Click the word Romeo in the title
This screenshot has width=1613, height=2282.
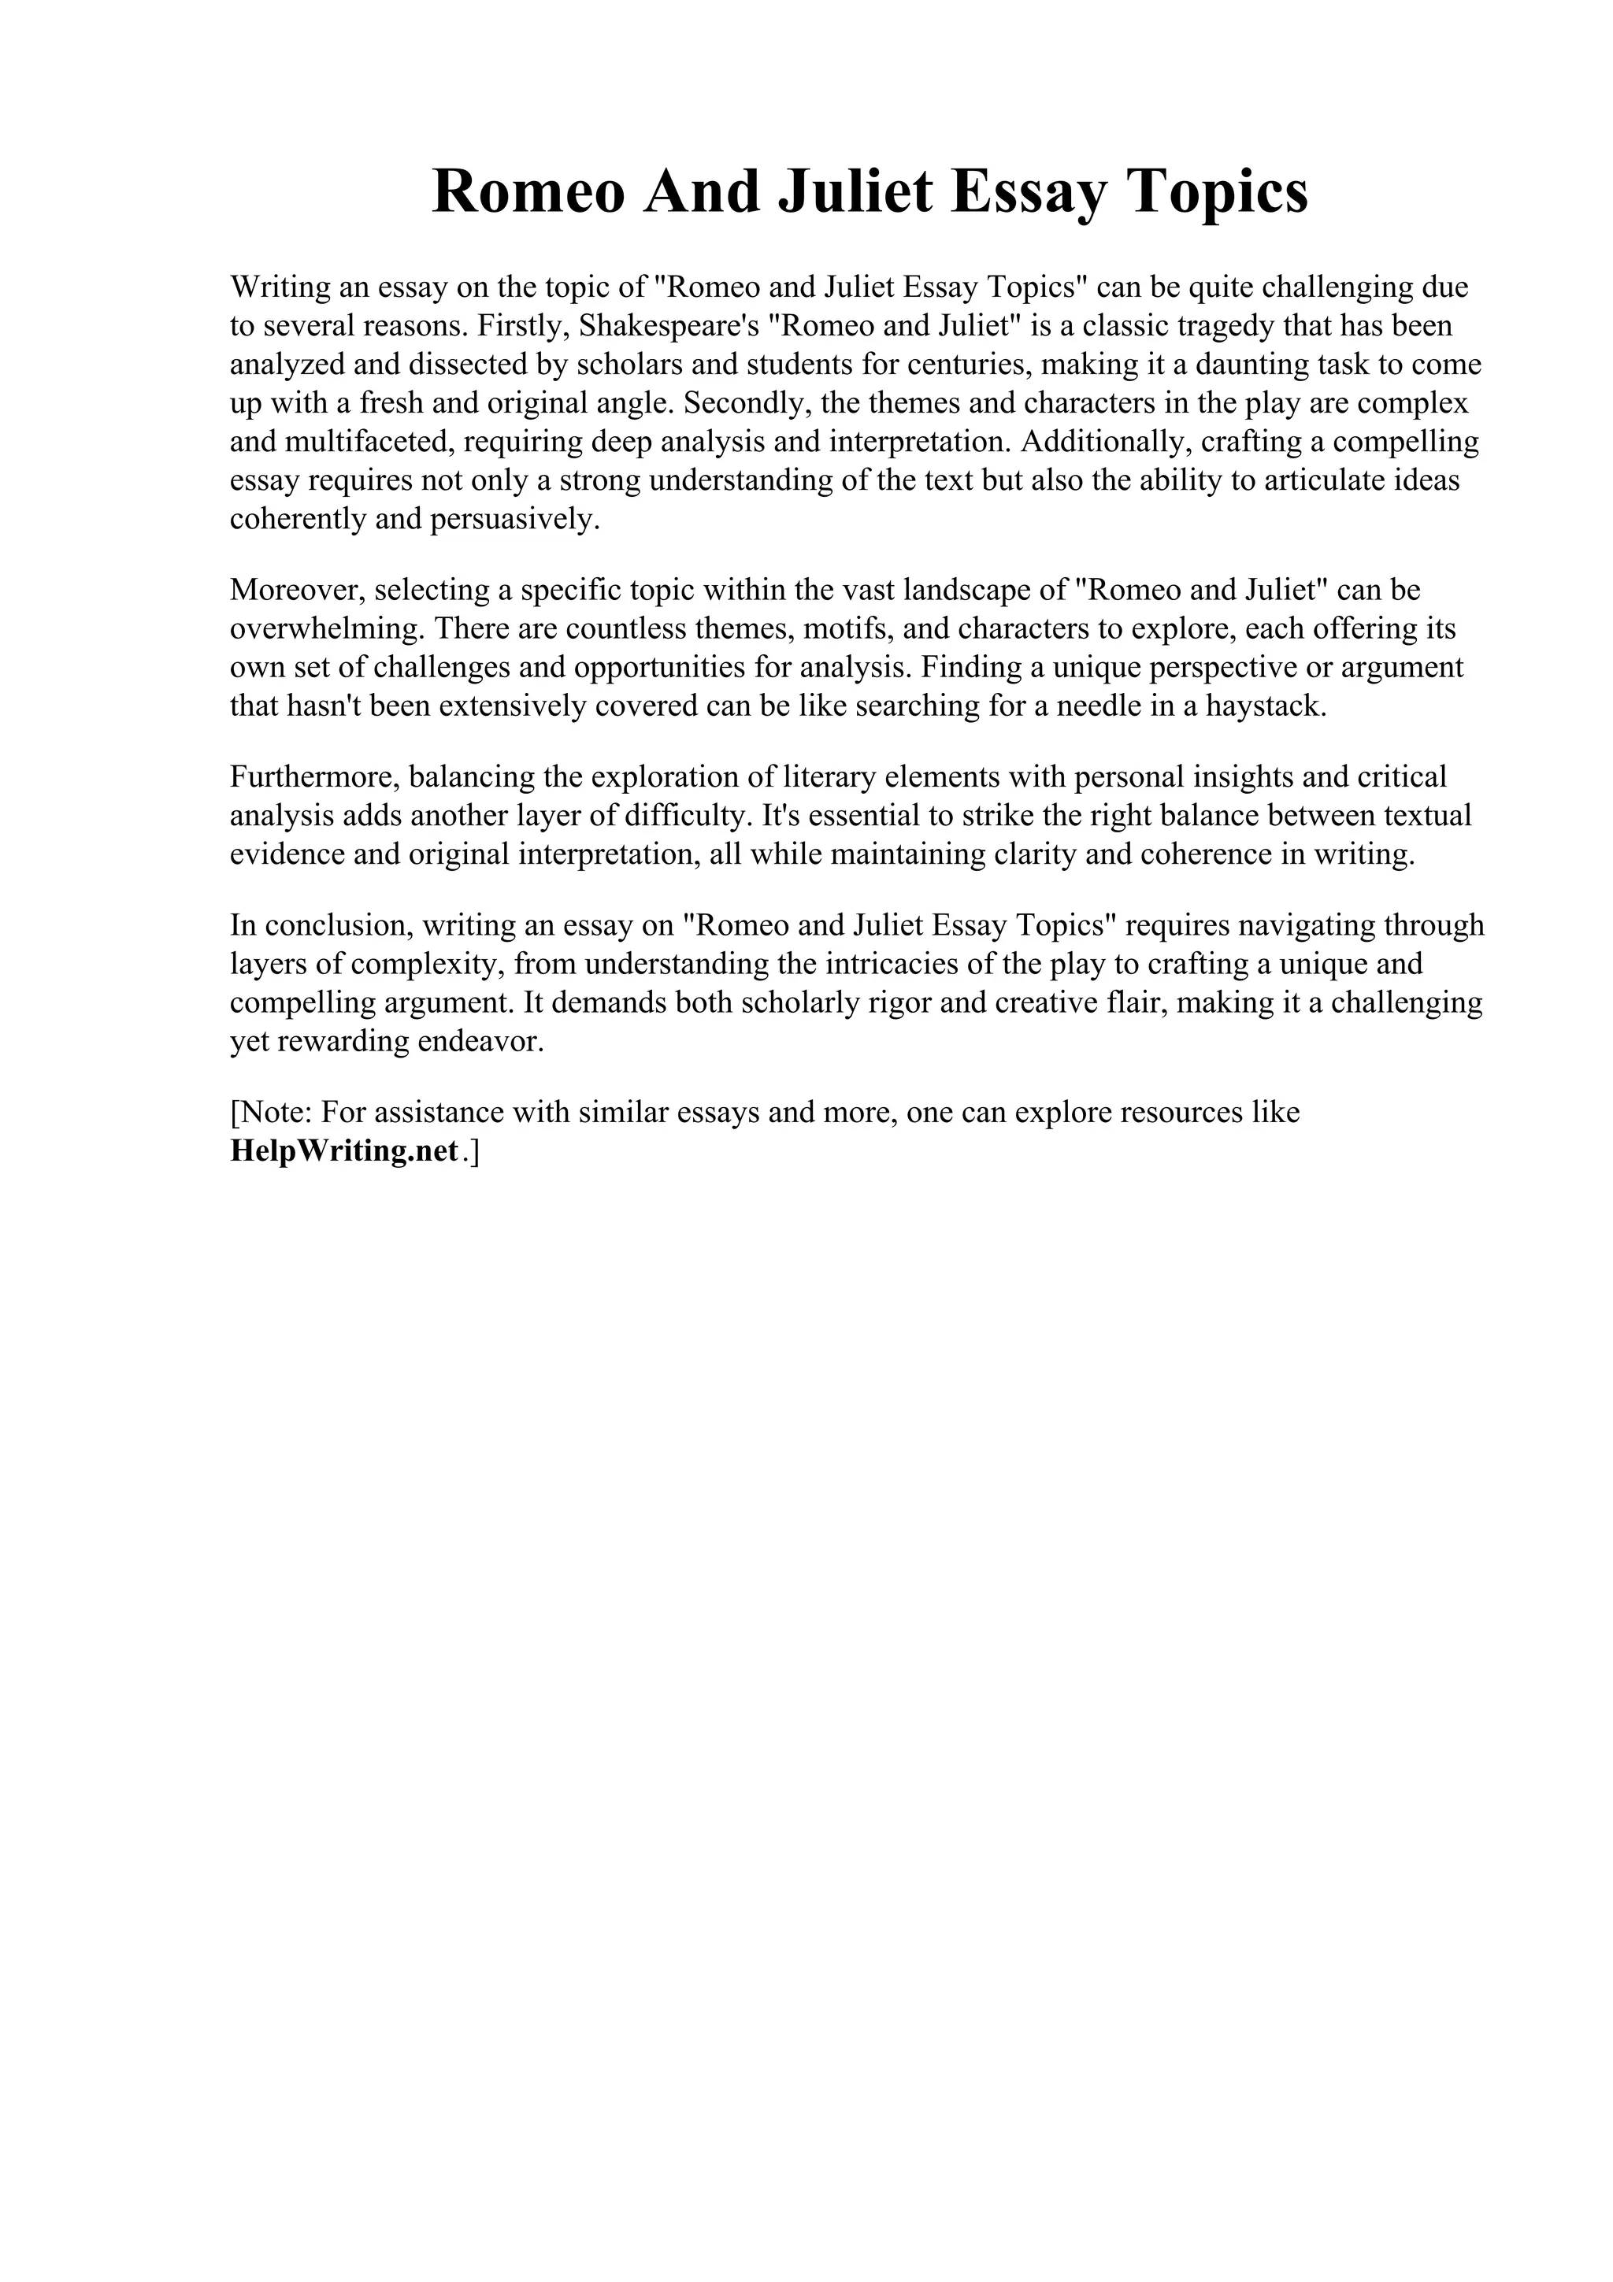530,192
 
